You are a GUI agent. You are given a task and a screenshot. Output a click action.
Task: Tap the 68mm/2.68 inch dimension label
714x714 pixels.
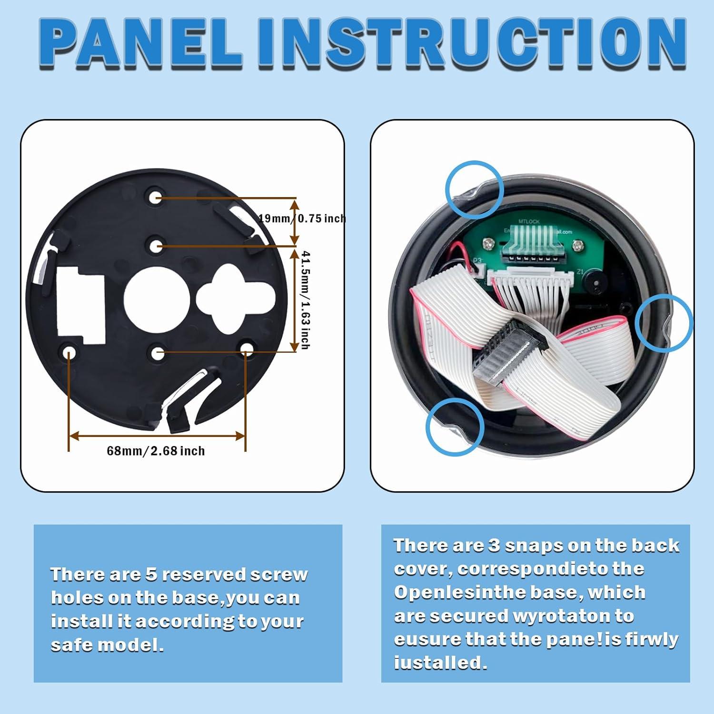pos(156,451)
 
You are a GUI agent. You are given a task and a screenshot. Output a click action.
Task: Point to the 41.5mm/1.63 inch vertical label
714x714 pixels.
pos(305,300)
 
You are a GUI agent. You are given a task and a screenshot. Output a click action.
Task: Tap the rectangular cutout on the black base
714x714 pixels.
pos(80,304)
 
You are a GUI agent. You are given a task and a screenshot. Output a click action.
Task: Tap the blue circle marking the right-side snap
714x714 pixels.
pos(664,323)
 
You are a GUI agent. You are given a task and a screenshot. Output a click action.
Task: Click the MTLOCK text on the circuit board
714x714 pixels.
pos(528,222)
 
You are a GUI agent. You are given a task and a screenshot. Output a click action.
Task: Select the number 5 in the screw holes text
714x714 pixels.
pos(151,575)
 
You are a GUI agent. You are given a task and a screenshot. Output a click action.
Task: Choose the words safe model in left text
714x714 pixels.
pos(107,645)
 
